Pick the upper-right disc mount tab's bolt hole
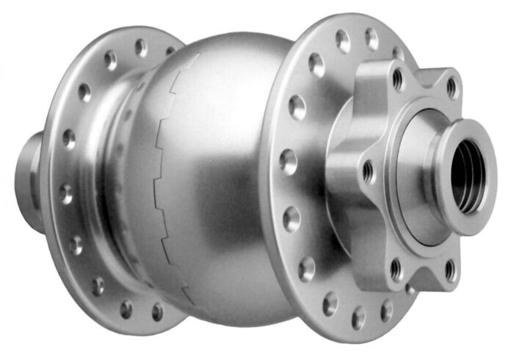click(x=452, y=87)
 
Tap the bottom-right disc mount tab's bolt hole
click(x=449, y=270)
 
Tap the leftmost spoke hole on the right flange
click(x=287, y=161)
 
